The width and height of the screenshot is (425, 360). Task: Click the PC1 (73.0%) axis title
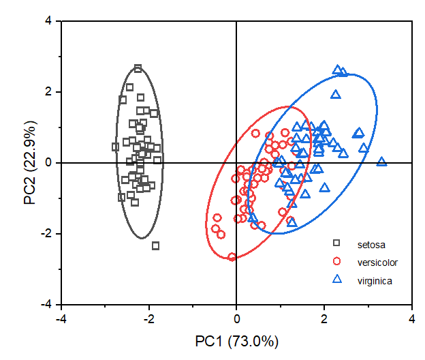[236, 341]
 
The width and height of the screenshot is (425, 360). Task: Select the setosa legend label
[369, 243]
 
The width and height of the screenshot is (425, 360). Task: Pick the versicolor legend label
[377, 262]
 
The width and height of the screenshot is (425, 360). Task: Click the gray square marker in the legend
[336, 243]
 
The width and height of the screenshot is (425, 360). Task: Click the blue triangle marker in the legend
[336, 279]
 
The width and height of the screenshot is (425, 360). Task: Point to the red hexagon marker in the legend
[336, 261]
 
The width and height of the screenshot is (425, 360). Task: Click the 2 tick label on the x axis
[324, 318]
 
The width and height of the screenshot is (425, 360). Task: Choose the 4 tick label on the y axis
[48, 21]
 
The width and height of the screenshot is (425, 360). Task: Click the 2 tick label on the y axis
[48, 92]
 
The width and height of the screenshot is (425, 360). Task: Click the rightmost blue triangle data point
[381, 162]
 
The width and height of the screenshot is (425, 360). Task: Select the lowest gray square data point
[155, 245]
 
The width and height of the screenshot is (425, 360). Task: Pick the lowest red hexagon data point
[232, 257]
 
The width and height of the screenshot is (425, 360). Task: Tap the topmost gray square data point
[138, 68]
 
